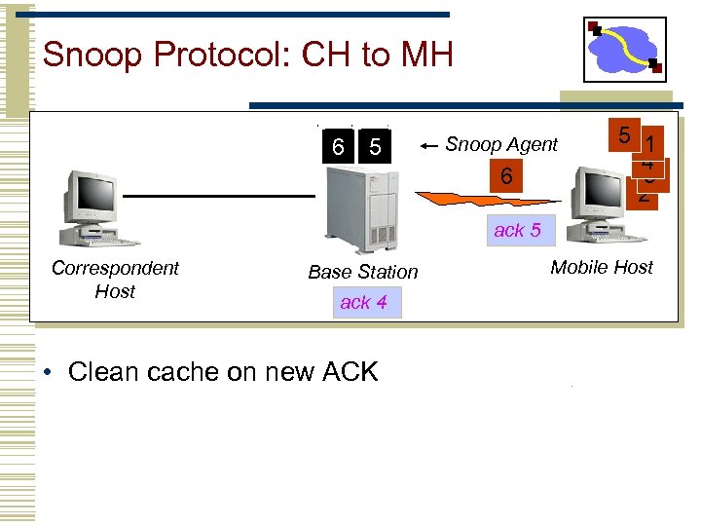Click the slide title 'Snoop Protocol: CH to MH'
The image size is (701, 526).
[247, 55]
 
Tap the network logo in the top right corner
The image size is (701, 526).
[626, 49]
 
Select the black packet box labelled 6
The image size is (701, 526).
[337, 147]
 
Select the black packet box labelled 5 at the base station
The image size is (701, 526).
[374, 147]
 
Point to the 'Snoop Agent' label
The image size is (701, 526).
[501, 145]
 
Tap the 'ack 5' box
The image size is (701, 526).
[517, 231]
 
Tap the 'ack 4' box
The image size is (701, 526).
[363, 303]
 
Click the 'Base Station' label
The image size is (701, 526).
[362, 273]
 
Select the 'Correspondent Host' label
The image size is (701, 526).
[115, 280]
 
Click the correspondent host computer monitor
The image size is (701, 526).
[90, 195]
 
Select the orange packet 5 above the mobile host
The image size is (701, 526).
[622, 135]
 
